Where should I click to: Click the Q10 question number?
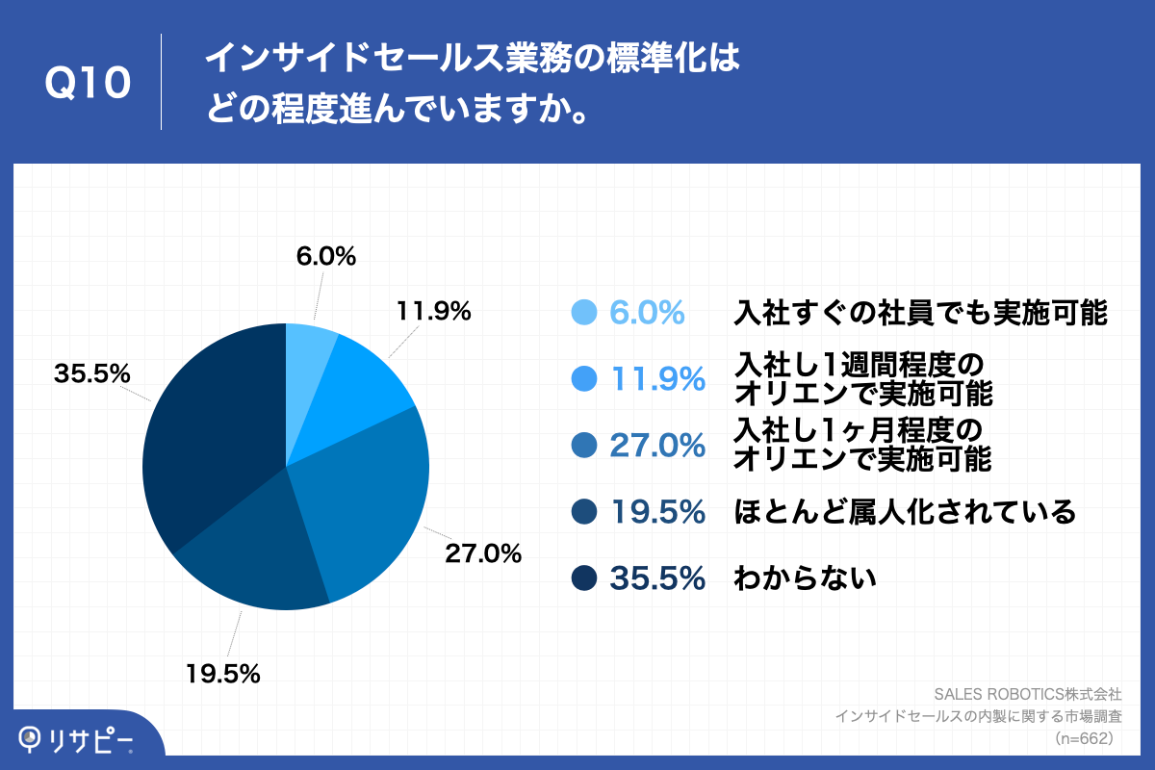pyautogui.click(x=88, y=84)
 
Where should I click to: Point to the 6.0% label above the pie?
pyautogui.click(x=324, y=257)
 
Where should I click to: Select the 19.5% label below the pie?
pyautogui.click(x=222, y=674)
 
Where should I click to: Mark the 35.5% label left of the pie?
pyautogui.click(x=92, y=374)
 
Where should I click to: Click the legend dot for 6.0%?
pyautogui.click(x=584, y=313)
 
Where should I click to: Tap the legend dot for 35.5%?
pyautogui.click(x=584, y=577)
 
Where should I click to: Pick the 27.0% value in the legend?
pyautogui.click(x=658, y=445)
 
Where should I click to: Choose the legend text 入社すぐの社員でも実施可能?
pyautogui.click(x=920, y=313)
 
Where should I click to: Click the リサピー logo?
pyautogui.click(x=77, y=739)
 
